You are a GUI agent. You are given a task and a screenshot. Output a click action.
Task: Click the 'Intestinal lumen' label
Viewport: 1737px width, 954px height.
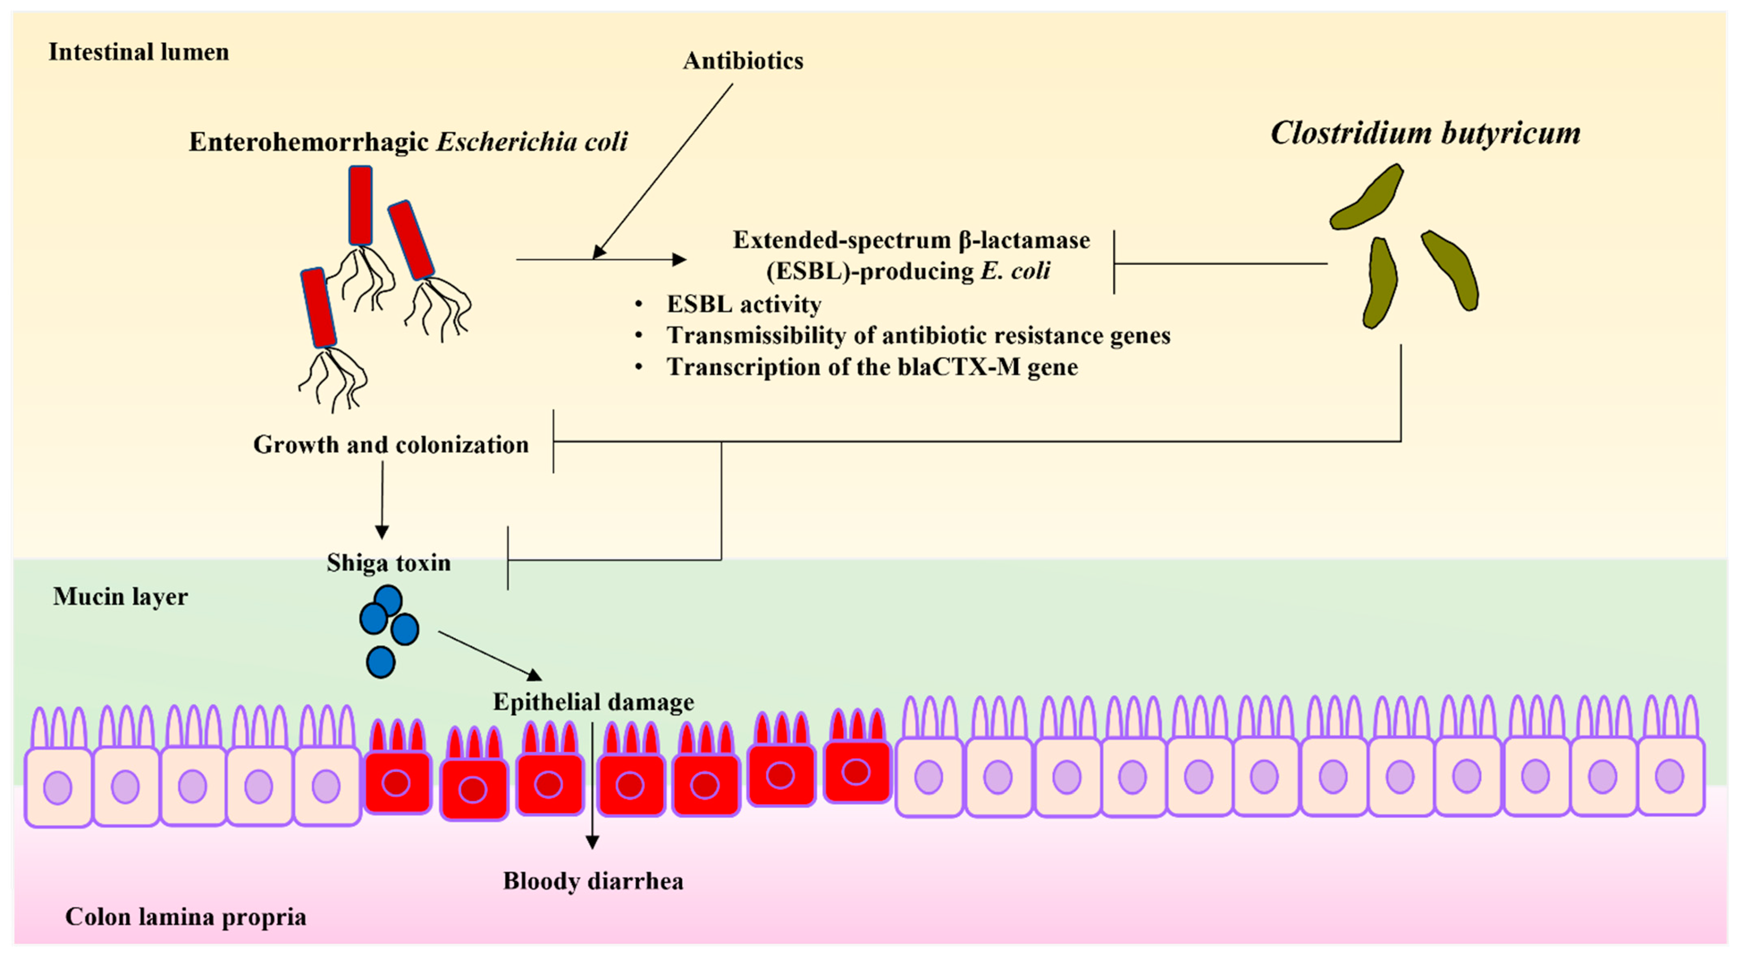[138, 52]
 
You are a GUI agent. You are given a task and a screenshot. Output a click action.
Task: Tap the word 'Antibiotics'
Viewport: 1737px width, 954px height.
[743, 61]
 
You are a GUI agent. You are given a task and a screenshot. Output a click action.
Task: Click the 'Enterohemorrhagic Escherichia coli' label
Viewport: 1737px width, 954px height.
[408, 142]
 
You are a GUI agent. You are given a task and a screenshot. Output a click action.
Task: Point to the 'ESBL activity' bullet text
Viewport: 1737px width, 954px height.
[743, 304]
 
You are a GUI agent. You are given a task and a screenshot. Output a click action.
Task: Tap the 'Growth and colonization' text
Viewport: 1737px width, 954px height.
[391, 444]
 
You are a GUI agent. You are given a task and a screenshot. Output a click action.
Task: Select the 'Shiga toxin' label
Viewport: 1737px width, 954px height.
[388, 562]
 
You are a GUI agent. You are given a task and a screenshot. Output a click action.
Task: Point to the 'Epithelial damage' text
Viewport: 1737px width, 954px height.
[593, 702]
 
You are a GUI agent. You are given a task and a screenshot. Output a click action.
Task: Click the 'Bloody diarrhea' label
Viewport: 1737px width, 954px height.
[593, 881]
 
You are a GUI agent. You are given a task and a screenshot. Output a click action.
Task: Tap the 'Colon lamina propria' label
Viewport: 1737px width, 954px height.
[186, 916]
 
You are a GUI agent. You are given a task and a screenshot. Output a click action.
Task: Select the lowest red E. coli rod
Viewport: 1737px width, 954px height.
[318, 307]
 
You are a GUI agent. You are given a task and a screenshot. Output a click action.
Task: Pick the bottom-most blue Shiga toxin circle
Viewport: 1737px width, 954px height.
[380, 662]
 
